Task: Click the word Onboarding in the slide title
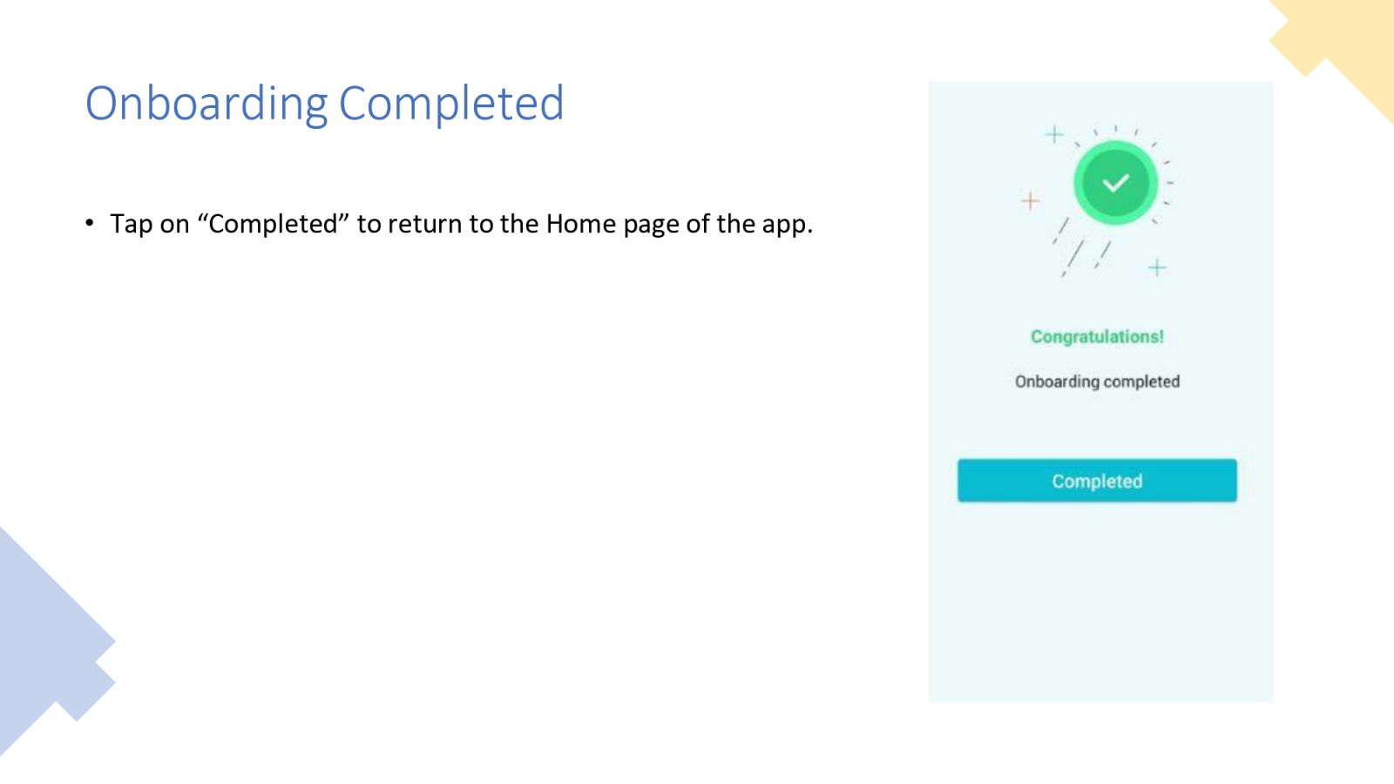pyautogui.click(x=206, y=104)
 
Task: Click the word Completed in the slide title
pyautogui.click(x=451, y=103)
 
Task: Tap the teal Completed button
pyautogui.click(x=1097, y=480)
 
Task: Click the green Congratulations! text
pyautogui.click(x=1097, y=336)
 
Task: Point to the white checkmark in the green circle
pyautogui.click(x=1115, y=183)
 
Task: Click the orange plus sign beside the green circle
pyautogui.click(x=1031, y=200)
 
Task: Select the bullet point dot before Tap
pyautogui.click(x=90, y=222)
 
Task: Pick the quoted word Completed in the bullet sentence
pyautogui.click(x=273, y=224)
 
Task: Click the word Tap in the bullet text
pyautogui.click(x=131, y=225)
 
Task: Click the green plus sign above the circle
pyautogui.click(x=1054, y=134)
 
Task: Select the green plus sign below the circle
pyautogui.click(x=1157, y=267)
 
